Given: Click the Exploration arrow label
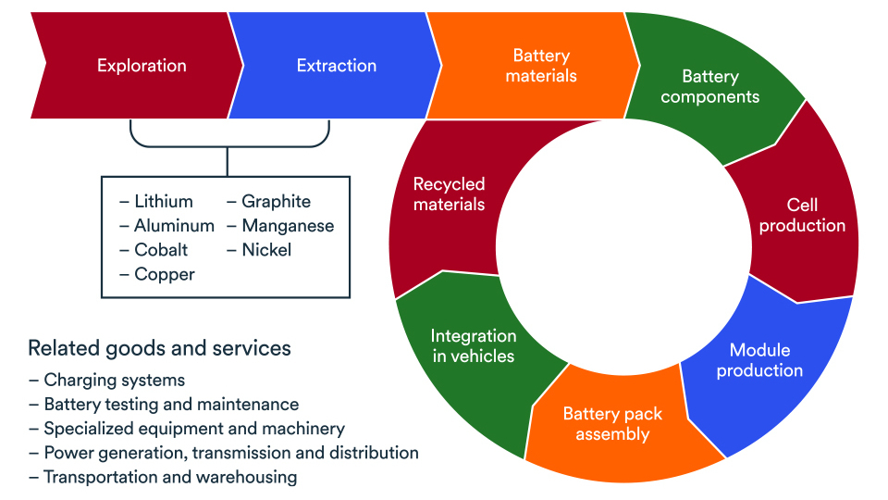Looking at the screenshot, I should tap(142, 66).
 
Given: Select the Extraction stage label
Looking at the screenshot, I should tap(337, 66).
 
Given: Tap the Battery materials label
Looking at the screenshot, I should tap(541, 66).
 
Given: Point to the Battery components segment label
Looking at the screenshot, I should tap(710, 86).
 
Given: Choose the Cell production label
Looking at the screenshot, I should tap(802, 215).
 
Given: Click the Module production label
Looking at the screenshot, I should tap(759, 360).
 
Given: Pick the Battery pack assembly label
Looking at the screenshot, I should tap(612, 424).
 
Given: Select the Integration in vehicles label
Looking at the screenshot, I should tap(473, 345).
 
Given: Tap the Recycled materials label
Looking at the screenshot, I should tap(449, 194).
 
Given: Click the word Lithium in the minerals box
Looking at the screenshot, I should tap(163, 202).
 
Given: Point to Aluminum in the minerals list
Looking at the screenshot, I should tap(174, 226).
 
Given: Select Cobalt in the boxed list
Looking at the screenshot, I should tap(161, 250).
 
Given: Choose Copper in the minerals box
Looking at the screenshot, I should tap(165, 274).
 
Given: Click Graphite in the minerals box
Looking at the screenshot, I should tap(276, 202).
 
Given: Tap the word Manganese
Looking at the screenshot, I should tap(288, 226).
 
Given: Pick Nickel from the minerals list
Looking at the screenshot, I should tap(266, 250).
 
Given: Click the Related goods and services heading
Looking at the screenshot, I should tap(159, 348).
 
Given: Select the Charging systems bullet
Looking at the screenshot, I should tap(114, 381).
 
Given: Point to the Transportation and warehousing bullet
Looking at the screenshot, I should tap(170, 478).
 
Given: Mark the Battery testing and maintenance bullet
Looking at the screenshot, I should tap(171, 405).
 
